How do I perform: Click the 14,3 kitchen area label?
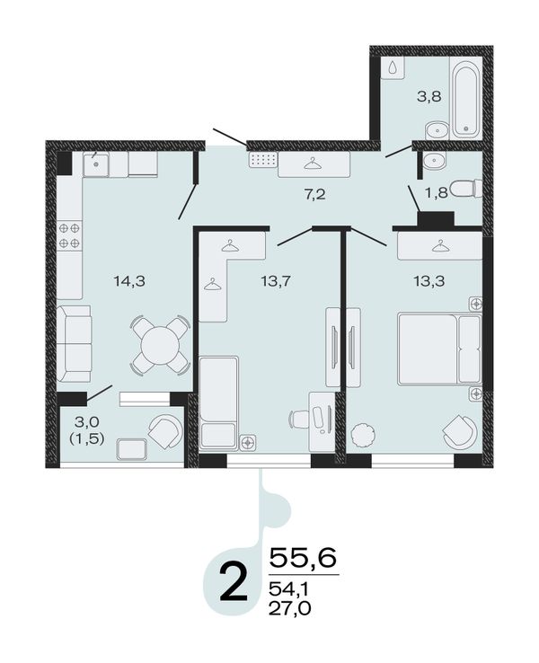click(x=129, y=281)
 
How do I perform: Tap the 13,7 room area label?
click(x=276, y=280)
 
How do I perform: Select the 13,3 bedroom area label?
click(x=429, y=280)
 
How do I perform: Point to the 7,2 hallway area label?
click(x=315, y=195)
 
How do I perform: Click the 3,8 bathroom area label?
click(x=429, y=96)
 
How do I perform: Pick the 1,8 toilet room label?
click(x=437, y=193)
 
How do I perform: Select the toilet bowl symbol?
click(x=466, y=189)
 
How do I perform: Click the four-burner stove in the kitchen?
click(x=69, y=235)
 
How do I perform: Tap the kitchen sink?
click(x=96, y=164)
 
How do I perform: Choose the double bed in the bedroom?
click(x=439, y=349)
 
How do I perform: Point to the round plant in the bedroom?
click(x=362, y=434)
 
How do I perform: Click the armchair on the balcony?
click(x=164, y=432)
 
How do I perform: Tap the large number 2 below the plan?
click(x=234, y=583)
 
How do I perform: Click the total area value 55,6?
click(x=303, y=558)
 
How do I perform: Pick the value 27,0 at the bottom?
click(x=290, y=608)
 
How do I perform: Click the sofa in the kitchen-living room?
click(x=74, y=344)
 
